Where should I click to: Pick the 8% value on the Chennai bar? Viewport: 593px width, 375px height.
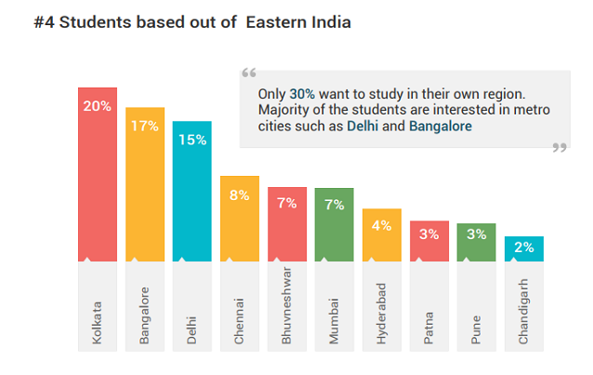(x=240, y=195)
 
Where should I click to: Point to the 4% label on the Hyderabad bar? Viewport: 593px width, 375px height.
(x=382, y=224)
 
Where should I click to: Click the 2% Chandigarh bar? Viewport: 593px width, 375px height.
(x=524, y=249)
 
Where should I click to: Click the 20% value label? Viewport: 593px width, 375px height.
(x=97, y=106)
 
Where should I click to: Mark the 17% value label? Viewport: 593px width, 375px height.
(x=145, y=126)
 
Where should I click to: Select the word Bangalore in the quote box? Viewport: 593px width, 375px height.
(x=440, y=126)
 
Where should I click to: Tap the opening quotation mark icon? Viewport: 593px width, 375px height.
(x=248, y=74)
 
